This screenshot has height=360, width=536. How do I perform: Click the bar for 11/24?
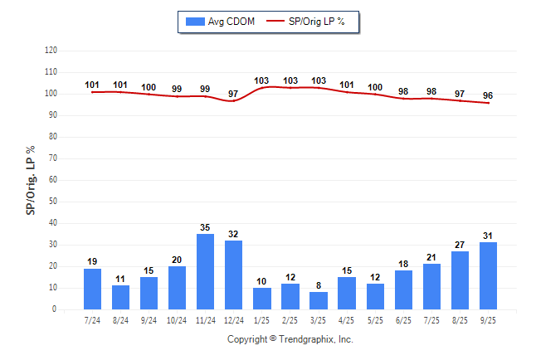coord(206,271)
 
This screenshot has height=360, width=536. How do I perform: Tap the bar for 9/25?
coord(488,275)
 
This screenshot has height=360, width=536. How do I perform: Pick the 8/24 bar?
coord(121,297)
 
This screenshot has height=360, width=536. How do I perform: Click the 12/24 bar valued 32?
coord(234,275)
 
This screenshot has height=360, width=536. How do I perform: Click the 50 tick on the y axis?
coord(53,202)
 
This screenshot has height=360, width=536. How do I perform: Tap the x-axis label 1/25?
coord(262,320)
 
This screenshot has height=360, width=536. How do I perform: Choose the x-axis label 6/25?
coord(403,320)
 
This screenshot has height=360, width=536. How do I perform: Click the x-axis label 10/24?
coord(178,320)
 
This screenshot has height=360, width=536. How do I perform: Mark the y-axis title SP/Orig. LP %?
coord(32,179)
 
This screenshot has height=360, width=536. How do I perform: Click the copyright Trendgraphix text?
coord(290,339)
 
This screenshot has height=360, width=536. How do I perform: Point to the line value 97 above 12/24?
coord(234,94)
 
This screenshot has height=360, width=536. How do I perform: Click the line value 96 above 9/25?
coord(488,95)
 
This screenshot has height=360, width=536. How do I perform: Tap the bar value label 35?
coord(206,227)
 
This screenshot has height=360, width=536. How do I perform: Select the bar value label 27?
coord(460,245)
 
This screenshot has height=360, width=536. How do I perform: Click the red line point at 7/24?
coord(93,92)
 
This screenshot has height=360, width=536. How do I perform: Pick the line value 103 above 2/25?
coord(290,80)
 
